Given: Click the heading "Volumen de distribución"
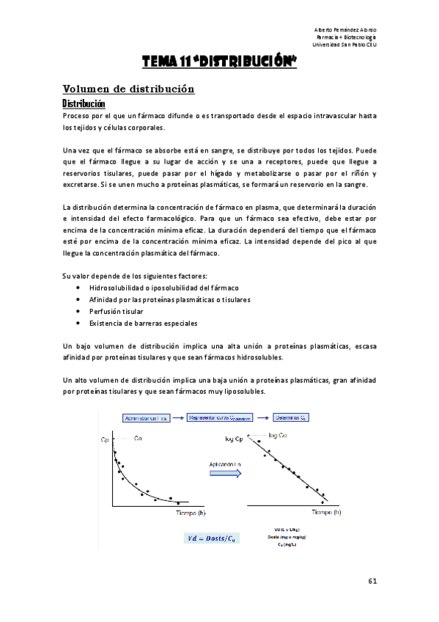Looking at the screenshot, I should (x=128, y=89).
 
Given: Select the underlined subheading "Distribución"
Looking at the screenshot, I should (x=84, y=103).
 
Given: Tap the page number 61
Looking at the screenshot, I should (x=372, y=581).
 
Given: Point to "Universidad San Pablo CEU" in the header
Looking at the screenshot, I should (x=344, y=44).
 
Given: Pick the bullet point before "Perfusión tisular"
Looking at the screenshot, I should (x=78, y=311).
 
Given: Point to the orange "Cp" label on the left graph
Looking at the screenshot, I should (x=104, y=440).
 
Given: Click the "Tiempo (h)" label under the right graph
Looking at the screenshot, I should (x=326, y=513).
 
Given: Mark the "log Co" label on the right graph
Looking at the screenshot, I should (x=278, y=435).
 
